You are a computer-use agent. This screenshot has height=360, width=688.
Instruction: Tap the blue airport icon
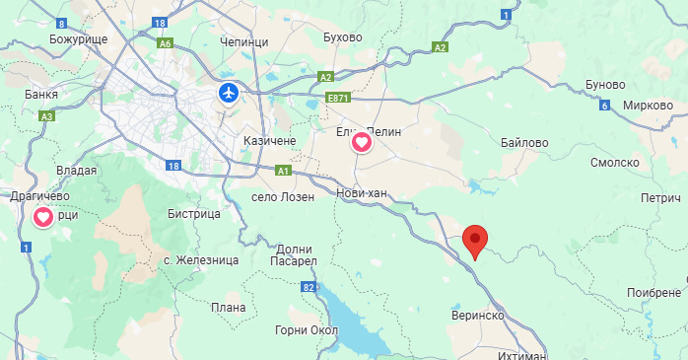tap(229, 94)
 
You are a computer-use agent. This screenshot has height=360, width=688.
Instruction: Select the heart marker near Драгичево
tap(43, 217)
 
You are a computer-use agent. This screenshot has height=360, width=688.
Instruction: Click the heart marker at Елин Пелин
tap(362, 143)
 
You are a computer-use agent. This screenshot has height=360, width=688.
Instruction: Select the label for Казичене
tap(270, 142)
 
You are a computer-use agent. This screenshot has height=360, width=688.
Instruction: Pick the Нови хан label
tap(362, 193)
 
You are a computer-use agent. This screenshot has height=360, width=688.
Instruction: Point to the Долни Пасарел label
tap(296, 254)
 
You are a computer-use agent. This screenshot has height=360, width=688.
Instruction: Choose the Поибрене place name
tap(654, 293)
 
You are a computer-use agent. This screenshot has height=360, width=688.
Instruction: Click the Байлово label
tap(522, 143)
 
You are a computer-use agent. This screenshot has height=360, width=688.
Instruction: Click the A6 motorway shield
tap(165, 43)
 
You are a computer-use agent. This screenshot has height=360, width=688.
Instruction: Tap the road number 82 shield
tap(310, 287)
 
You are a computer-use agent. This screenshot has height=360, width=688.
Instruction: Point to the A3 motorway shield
tap(45, 116)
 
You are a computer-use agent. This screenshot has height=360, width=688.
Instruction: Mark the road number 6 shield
tap(603, 106)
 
